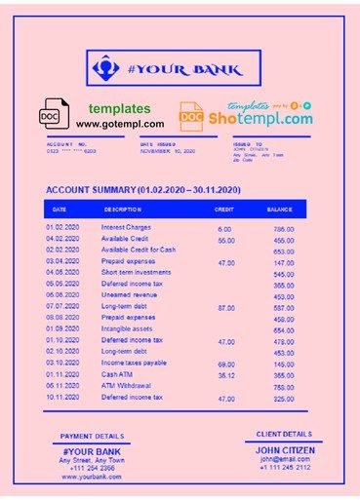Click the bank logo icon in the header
pos(103,70)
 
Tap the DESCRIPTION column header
pos(122,209)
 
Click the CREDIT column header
pos(223,209)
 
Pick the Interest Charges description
pos(125,227)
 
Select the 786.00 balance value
pos(284,229)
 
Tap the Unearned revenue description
pos(128,294)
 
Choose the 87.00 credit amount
pos(226,308)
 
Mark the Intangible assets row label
pos(128,328)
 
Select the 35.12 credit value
pos(226,375)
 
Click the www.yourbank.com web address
pos(92,477)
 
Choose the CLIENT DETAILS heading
pos(284,433)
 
